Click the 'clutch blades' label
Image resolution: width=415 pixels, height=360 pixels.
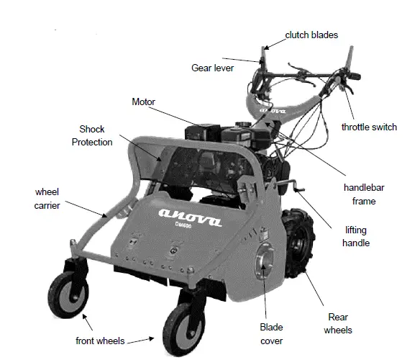tap(311, 34)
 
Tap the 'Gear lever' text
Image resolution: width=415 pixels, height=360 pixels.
tap(213, 68)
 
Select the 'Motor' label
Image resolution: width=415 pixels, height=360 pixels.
tap(143, 102)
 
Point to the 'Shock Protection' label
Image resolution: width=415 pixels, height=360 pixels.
tap(92, 135)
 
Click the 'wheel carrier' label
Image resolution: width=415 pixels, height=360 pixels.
tap(47, 199)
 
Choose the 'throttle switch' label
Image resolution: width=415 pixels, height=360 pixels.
tap(369, 127)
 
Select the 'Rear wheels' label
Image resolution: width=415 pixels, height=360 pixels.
tap(338, 323)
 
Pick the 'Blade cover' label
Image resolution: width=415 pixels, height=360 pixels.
tap(271, 334)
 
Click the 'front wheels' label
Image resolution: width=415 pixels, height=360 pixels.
tap(101, 341)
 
